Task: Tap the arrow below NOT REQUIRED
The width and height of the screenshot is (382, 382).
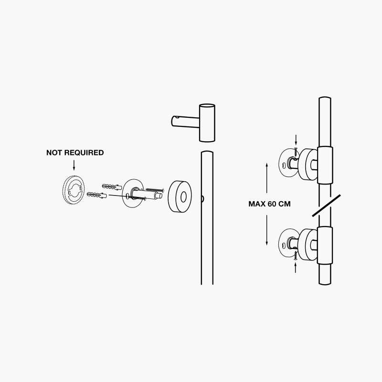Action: (x=74, y=165)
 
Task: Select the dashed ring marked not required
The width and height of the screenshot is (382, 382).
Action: (x=73, y=189)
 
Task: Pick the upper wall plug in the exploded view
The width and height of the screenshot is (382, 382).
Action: (x=112, y=187)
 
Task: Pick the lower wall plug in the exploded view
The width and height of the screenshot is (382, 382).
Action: (x=97, y=195)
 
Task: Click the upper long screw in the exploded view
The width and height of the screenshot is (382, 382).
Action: (x=155, y=189)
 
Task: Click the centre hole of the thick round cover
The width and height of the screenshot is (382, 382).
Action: (x=184, y=196)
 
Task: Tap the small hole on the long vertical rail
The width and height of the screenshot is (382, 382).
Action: (x=202, y=199)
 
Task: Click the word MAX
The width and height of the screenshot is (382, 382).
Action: (x=257, y=204)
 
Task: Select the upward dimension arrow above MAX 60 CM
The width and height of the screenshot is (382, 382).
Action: (x=267, y=178)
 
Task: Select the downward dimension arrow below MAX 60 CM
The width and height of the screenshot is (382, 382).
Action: (x=267, y=230)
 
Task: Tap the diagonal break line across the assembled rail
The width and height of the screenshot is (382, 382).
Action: (x=327, y=205)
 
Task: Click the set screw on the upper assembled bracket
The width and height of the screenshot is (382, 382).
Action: (x=296, y=152)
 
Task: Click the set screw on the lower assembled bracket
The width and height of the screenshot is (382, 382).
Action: (x=296, y=256)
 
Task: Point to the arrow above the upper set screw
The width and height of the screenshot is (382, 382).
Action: (x=296, y=140)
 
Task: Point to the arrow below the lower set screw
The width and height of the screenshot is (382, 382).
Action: (x=296, y=268)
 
